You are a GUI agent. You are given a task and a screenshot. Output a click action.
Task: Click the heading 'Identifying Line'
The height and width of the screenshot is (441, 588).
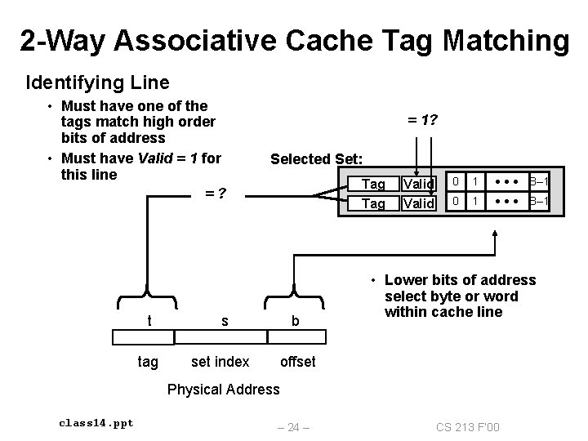pyautogui.click(x=98, y=82)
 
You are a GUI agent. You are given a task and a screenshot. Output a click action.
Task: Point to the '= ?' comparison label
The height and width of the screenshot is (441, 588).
pyautogui.click(x=216, y=194)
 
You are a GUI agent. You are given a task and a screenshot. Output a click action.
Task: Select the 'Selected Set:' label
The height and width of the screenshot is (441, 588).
pyautogui.click(x=322, y=158)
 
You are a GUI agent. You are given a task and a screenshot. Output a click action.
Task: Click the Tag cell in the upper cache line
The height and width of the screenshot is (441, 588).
pyautogui.click(x=373, y=185)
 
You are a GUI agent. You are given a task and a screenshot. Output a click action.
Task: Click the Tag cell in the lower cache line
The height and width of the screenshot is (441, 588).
pyautogui.click(x=373, y=203)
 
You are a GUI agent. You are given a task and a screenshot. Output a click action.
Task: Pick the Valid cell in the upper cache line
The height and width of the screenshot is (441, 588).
pyautogui.click(x=419, y=185)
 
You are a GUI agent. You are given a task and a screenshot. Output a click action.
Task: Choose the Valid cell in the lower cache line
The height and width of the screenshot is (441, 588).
pyautogui.click(x=419, y=203)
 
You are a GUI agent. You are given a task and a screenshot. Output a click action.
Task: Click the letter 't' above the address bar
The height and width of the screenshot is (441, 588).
pyautogui.click(x=149, y=321)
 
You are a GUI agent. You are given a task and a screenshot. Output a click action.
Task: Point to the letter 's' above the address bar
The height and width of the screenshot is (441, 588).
pyautogui.click(x=225, y=322)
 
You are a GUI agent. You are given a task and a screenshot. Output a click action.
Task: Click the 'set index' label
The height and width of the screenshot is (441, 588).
pyautogui.click(x=220, y=361)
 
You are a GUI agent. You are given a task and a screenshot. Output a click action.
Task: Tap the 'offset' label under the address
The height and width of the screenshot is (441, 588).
pyautogui.click(x=297, y=361)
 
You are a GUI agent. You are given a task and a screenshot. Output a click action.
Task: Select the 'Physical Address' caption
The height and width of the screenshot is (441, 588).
pyautogui.click(x=223, y=389)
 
